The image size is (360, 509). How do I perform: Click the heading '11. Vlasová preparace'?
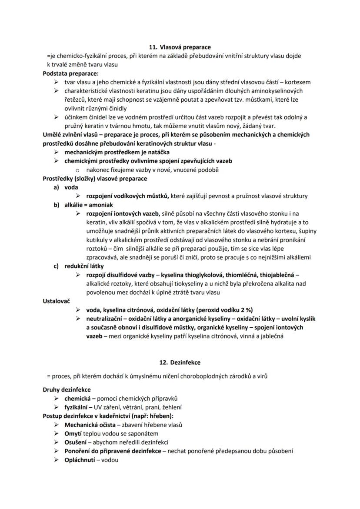coord(180,47)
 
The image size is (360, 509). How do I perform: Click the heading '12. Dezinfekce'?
coord(180,362)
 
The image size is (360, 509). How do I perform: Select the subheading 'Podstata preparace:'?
coord(70,73)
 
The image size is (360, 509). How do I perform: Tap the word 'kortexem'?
coord(298,82)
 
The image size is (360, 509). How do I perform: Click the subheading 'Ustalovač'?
coord(57,301)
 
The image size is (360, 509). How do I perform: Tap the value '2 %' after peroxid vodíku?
coord(247,310)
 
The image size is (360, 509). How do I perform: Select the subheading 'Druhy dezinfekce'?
coord(67,389)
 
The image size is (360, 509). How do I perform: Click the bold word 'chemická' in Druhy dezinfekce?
coord(77,398)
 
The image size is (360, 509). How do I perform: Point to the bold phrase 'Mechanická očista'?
coord(90,425)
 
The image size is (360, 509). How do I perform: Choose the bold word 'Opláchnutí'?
coord(80,460)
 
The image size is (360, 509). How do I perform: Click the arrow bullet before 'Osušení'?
coord(56,442)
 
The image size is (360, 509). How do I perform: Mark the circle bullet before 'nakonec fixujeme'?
coord(78,170)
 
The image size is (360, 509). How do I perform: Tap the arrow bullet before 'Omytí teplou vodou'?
coord(56,433)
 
